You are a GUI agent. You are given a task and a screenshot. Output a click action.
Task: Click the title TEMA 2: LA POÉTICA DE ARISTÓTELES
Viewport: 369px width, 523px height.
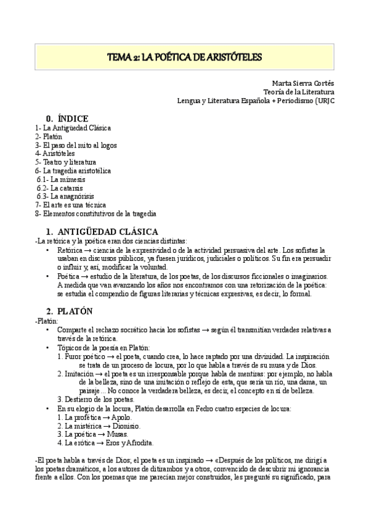[184, 57]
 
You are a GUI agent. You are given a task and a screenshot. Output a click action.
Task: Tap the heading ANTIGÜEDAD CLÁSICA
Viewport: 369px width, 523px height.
[108, 231]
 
